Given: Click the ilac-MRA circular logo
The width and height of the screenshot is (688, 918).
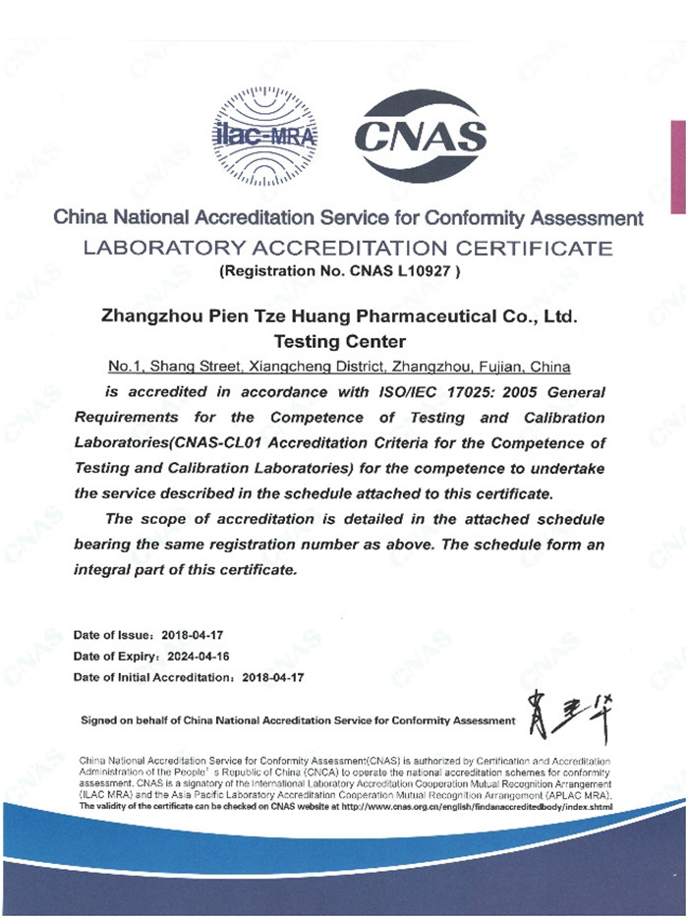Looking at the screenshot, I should coord(265,138).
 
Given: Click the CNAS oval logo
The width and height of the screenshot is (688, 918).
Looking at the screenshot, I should coord(420,138).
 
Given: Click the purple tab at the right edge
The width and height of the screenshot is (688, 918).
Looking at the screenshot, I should coord(678,167).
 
